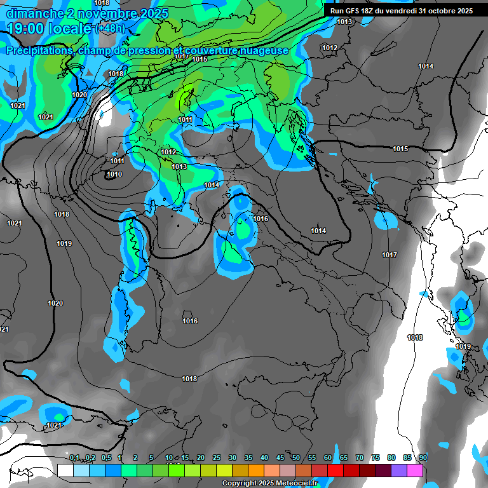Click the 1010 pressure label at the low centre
[x=114, y=175]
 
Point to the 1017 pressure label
[x=390, y=255]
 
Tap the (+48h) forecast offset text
[x=110, y=29]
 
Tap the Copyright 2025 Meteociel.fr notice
[x=269, y=484]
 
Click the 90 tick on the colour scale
[x=423, y=458]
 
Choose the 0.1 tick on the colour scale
[x=74, y=458]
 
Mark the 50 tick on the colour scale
[x=296, y=458]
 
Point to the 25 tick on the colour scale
[x=217, y=458]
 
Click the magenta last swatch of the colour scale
[x=415, y=470]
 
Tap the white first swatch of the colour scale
[x=65, y=470]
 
